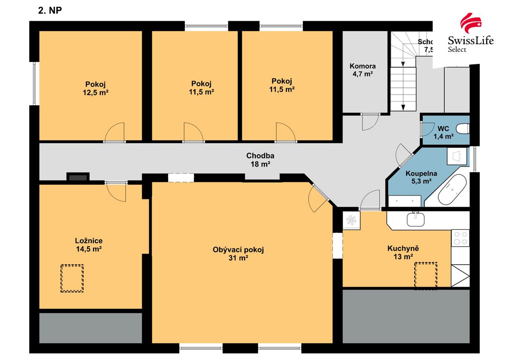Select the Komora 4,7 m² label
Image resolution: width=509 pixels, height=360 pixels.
pyautogui.click(x=362, y=70)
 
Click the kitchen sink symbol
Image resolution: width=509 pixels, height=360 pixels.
pyautogui.click(x=416, y=219)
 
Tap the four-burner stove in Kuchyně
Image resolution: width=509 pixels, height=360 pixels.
pyautogui.click(x=460, y=238)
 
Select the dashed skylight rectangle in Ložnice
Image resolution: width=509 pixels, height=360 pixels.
pyautogui.click(x=72, y=278)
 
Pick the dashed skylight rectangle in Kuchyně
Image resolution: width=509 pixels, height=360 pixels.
pyautogui.click(x=425, y=275)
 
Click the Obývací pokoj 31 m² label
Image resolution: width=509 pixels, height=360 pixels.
pyautogui.click(x=238, y=253)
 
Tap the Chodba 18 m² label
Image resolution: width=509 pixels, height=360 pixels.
pyautogui.click(x=260, y=160)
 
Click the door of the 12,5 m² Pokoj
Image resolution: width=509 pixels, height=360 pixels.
pyautogui.click(x=115, y=133)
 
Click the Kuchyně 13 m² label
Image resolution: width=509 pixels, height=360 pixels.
pyautogui.click(x=403, y=252)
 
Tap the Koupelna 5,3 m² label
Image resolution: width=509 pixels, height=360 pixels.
pyautogui.click(x=421, y=177)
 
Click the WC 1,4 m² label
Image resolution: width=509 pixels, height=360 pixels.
pyautogui.click(x=443, y=132)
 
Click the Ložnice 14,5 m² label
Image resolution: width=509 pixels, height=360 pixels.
pyautogui.click(x=89, y=245)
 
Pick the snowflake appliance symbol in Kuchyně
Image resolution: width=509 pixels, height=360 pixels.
pyautogui.click(x=351, y=220)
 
